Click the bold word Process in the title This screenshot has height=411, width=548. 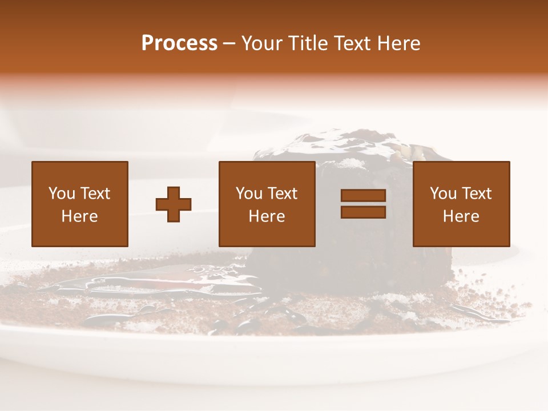point(179,43)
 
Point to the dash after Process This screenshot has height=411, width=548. point(229,43)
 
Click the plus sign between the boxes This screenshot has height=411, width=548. point(174,204)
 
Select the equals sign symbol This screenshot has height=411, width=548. point(363,204)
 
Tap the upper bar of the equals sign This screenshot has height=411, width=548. point(363,196)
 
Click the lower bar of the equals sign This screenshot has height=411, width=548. point(363,212)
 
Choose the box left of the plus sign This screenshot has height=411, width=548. point(80,204)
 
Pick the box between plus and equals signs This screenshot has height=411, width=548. point(267,204)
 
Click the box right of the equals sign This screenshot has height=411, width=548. point(461,204)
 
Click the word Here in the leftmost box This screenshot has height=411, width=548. point(80,216)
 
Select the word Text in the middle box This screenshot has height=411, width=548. point(283,194)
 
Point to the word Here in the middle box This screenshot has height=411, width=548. point(267,216)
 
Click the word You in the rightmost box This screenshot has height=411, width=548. point(444,194)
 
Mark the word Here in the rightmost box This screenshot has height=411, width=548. point(461,216)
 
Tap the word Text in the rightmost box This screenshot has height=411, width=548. point(477,194)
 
